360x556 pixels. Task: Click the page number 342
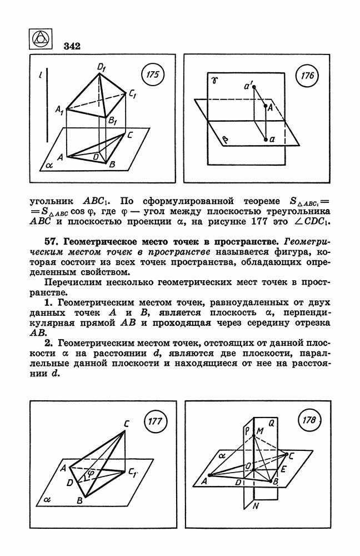(x=72, y=46)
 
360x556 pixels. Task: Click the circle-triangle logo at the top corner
(x=40, y=38)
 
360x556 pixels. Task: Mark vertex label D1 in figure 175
(x=102, y=68)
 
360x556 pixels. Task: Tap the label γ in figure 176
(x=214, y=81)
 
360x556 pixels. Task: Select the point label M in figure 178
(x=259, y=431)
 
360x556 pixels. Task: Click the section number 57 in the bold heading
(x=52, y=242)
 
